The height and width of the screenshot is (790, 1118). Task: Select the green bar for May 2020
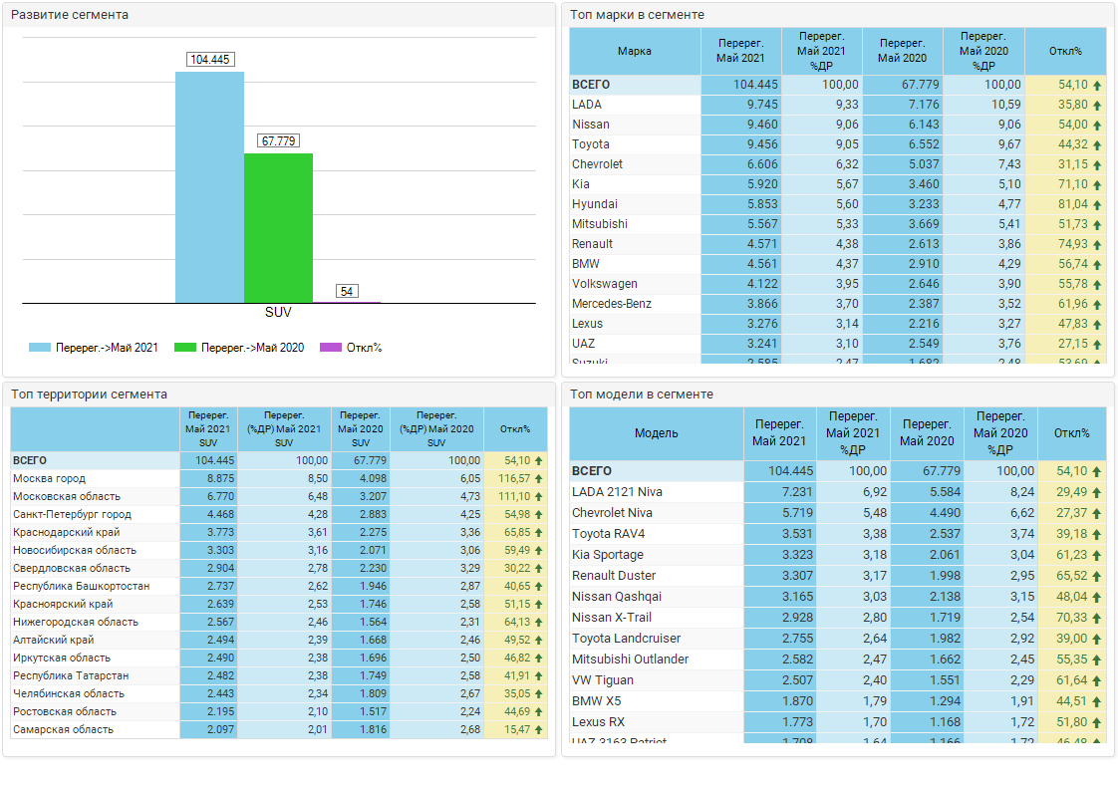tap(278, 228)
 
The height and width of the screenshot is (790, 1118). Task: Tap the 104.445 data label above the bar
tap(209, 60)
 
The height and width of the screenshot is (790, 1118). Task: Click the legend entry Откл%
tap(364, 348)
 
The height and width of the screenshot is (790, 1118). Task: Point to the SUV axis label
tap(278, 313)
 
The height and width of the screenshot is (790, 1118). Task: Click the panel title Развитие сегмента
tap(70, 15)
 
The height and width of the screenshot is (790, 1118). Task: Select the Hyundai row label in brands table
tap(595, 204)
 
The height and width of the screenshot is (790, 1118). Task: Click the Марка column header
tap(635, 51)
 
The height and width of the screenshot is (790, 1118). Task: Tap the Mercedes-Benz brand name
tap(612, 304)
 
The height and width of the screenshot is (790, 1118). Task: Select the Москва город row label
tap(49, 479)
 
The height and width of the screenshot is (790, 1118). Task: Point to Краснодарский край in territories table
tap(60, 533)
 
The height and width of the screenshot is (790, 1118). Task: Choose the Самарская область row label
tap(63, 730)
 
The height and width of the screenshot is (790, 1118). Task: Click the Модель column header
tap(656, 433)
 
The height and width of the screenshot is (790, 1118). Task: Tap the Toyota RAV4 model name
tap(608, 534)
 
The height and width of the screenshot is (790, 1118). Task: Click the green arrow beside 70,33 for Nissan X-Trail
tap(1097, 618)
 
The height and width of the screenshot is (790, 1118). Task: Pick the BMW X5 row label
tap(597, 701)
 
